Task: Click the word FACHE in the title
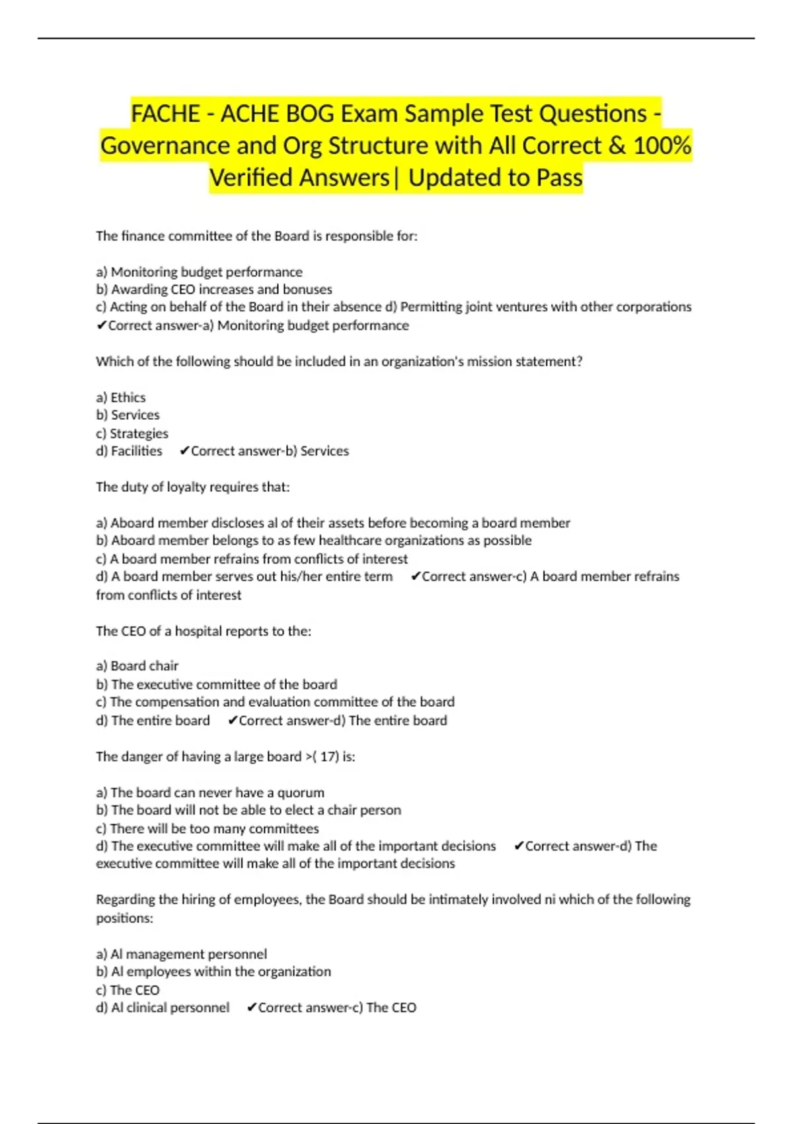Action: [165, 114]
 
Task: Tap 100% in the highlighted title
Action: [662, 145]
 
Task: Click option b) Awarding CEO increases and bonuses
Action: [214, 290]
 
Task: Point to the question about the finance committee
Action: [256, 236]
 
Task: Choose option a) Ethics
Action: [121, 397]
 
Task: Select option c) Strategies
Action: [132, 433]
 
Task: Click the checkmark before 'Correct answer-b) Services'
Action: [184, 451]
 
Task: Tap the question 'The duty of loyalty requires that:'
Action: [192, 487]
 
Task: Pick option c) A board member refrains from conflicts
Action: [252, 559]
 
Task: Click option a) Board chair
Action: [137, 666]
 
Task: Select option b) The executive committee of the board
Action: [216, 684]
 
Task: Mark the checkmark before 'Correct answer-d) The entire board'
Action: [232, 721]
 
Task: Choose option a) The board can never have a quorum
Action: [210, 792]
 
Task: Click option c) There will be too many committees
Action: [208, 828]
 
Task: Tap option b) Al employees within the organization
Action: [213, 971]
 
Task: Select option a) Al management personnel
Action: [182, 954]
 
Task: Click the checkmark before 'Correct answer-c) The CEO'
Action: [251, 1008]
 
